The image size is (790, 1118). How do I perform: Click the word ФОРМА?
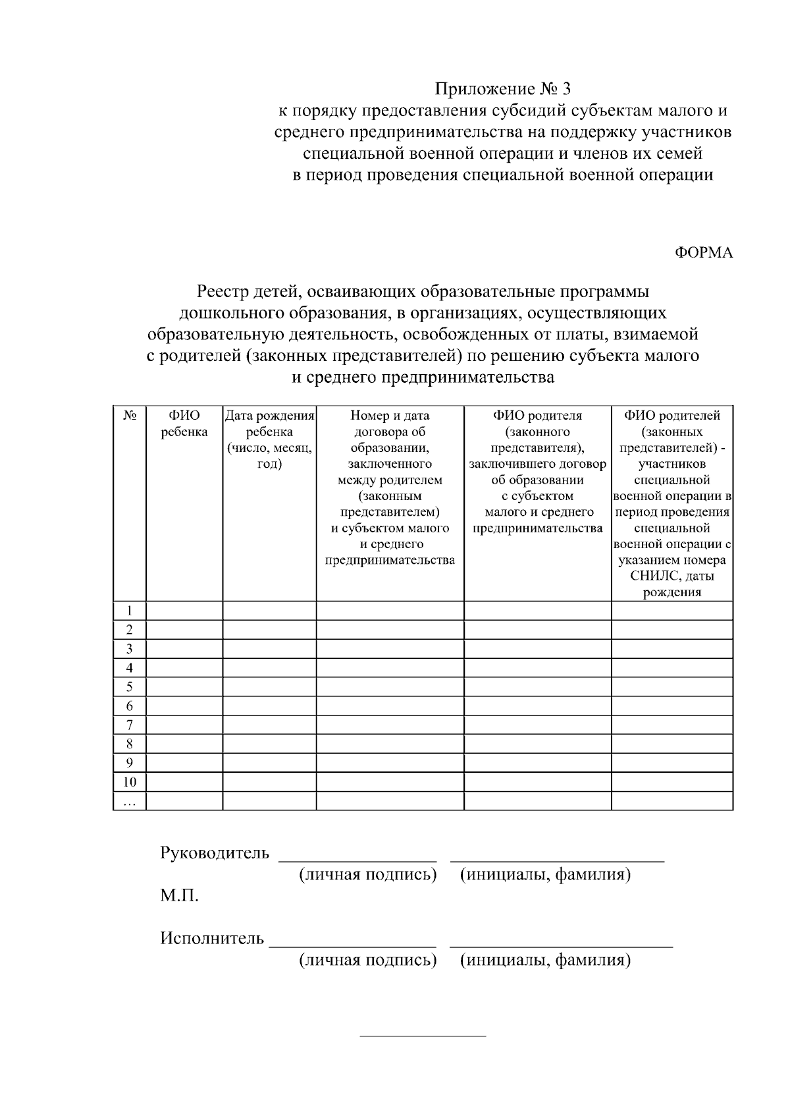click(703, 253)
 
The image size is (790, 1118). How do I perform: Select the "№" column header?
click(130, 416)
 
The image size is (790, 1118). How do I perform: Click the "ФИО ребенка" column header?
click(184, 424)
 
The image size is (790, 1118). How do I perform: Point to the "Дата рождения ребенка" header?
click(269, 439)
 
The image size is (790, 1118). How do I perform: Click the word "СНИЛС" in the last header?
click(652, 576)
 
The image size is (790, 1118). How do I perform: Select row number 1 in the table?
click(130, 611)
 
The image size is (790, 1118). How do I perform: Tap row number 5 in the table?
click(130, 687)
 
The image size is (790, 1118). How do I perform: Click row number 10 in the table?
click(130, 782)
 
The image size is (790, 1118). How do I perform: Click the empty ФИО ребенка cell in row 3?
click(184, 649)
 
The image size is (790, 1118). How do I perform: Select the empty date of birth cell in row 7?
click(269, 725)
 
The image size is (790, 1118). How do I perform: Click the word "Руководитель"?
click(215, 853)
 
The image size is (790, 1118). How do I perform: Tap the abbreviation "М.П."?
click(179, 896)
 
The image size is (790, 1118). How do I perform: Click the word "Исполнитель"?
click(212, 938)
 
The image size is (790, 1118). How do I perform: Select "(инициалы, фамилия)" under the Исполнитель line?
click(545, 961)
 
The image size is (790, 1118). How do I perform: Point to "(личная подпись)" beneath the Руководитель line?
click(367, 875)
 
